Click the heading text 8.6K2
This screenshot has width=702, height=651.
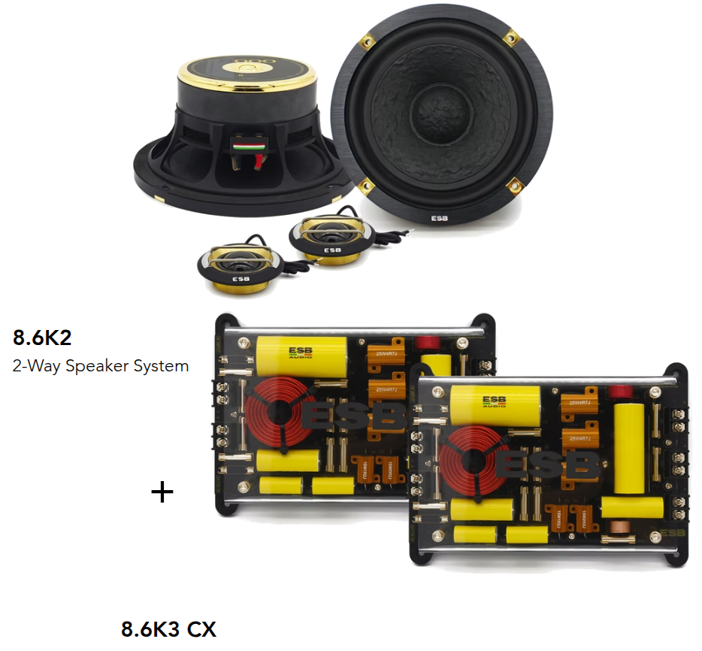(42, 338)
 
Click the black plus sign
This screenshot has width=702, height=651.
(162, 492)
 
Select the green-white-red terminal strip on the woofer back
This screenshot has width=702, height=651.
(244, 142)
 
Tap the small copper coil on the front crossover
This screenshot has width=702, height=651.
(622, 526)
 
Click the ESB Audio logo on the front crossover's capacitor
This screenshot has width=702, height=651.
(494, 401)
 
